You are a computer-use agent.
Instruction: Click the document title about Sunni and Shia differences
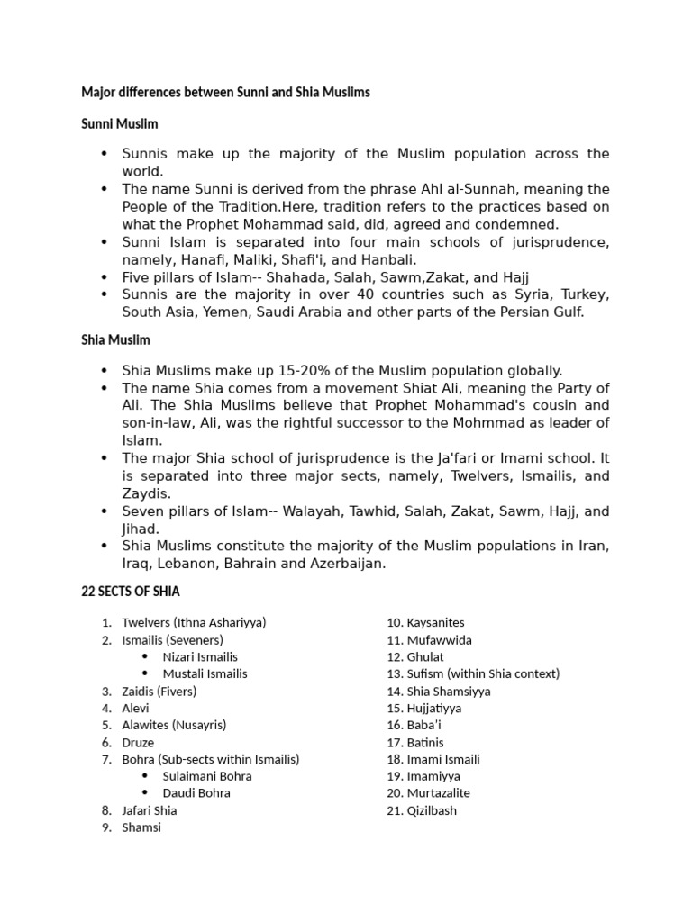[225, 93]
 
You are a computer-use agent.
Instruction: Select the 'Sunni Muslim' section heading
[120, 123]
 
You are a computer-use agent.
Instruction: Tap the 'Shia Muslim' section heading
[115, 340]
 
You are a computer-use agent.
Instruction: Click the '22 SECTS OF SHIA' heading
[131, 592]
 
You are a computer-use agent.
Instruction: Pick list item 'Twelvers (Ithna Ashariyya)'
[194, 622]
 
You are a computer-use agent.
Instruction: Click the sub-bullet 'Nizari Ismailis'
[200, 656]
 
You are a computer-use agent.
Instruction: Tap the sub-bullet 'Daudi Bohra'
[196, 793]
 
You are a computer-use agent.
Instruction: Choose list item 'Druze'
[138, 743]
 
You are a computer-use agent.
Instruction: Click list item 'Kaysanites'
[435, 622]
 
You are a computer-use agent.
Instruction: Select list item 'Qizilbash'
[432, 810]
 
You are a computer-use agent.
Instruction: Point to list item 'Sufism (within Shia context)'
[483, 673]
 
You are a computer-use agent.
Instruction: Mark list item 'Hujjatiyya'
[434, 709]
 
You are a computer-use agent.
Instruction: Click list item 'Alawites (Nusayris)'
[174, 725]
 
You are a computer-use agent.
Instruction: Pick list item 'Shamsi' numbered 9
[141, 827]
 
